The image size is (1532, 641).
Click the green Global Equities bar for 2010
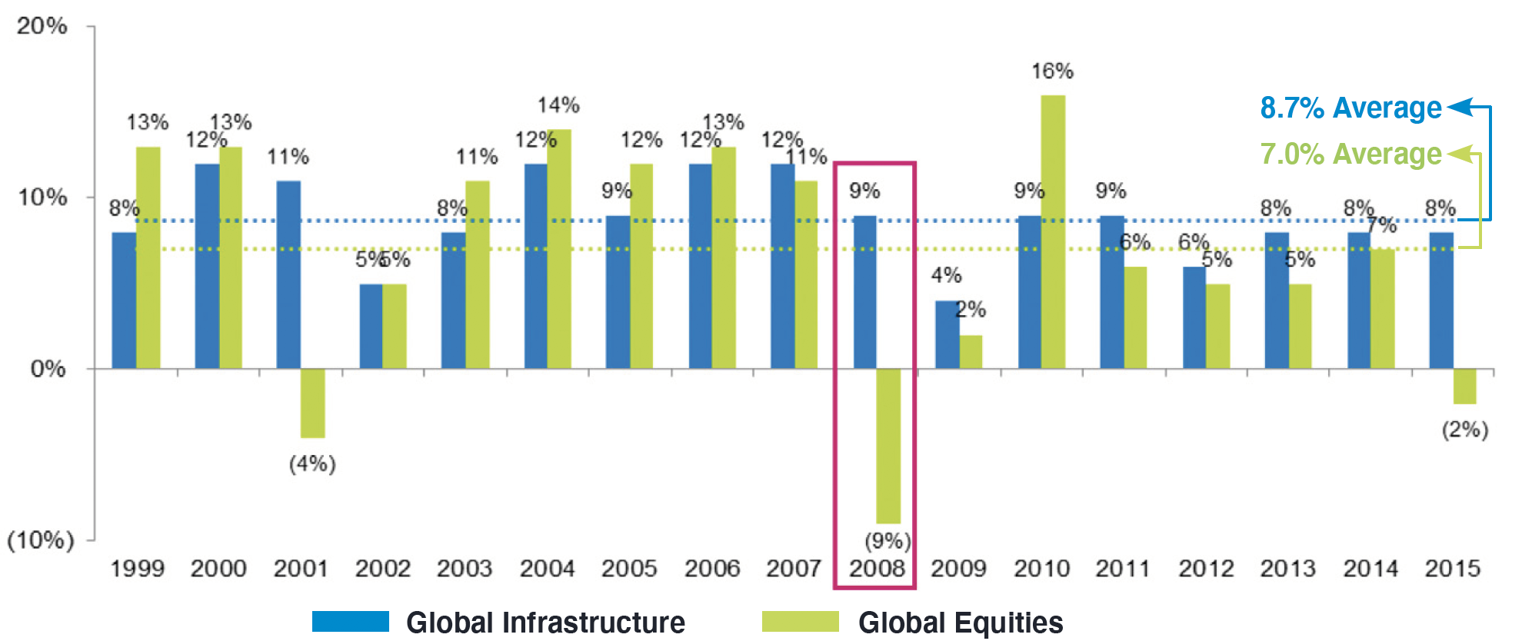(1053, 231)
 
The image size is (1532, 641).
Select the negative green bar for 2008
(888, 446)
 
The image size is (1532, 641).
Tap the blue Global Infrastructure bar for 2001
(288, 274)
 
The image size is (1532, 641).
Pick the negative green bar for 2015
(1464, 386)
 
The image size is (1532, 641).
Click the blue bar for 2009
(947, 334)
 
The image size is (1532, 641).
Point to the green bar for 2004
(559, 248)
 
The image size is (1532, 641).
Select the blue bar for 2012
(1194, 317)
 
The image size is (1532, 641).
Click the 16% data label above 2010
(1052, 71)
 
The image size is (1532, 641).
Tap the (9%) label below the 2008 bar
(888, 541)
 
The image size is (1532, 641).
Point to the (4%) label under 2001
(312, 463)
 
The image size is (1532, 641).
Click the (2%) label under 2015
(1464, 429)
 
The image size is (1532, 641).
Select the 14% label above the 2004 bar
(558, 105)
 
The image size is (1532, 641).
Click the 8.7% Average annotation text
(1350, 108)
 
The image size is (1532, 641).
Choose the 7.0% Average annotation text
(1350, 154)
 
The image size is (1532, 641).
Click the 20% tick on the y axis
(42, 25)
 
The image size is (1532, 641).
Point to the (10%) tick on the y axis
(41, 540)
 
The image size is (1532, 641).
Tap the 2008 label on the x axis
(877, 569)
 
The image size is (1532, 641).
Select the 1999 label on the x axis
(138, 569)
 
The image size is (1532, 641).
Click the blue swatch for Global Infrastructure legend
(350, 621)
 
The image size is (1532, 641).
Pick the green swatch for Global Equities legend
(800, 621)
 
